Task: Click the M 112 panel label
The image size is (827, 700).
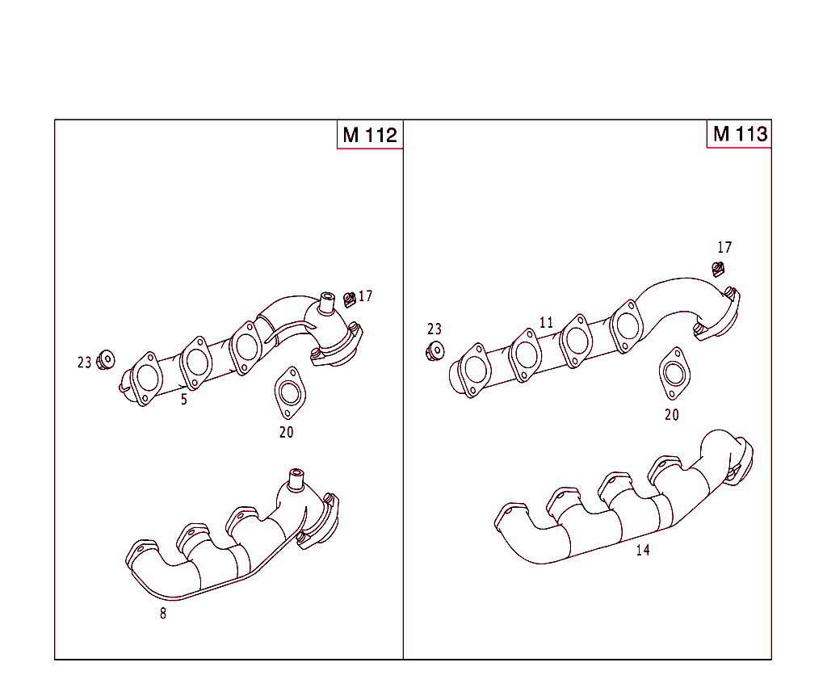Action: coord(370,135)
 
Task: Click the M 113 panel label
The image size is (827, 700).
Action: coord(739,134)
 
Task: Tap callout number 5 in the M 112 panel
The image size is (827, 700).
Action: coord(184,400)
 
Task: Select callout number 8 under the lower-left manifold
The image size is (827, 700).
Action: coord(163,613)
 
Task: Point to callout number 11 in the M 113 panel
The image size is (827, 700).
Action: coord(547,323)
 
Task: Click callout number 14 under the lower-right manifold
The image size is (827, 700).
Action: coord(642,551)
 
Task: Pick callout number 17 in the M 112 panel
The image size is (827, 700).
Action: coord(366,296)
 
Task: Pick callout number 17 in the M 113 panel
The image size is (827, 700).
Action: coord(724,248)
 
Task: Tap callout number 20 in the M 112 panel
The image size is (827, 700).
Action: coord(287,432)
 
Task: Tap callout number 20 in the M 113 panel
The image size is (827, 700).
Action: coord(672,415)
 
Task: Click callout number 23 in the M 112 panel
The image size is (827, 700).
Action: coord(85,363)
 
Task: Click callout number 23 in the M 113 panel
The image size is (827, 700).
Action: coord(434,329)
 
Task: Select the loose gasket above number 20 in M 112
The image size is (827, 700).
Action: coord(288,392)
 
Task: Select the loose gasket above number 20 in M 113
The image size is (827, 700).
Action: coord(674,372)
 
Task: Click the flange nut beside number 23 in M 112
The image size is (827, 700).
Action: coord(106,359)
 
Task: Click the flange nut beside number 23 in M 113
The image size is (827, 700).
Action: coord(434,350)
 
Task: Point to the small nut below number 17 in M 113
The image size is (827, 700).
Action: coord(718,269)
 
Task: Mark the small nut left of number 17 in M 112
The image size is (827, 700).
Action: coord(350,300)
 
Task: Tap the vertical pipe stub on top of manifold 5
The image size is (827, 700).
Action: coord(327,304)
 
